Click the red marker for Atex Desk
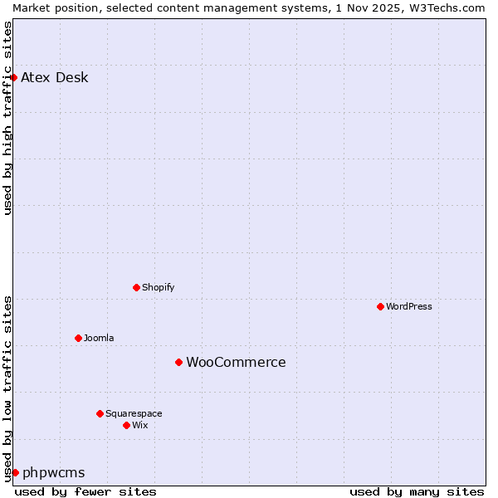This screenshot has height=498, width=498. pyautogui.click(x=13, y=77)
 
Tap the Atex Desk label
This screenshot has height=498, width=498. pyautogui.click(x=54, y=78)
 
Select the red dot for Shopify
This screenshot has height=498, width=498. pyautogui.click(x=136, y=287)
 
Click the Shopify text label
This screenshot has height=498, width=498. pyautogui.click(x=158, y=287)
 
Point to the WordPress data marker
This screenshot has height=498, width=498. pyautogui.click(x=380, y=306)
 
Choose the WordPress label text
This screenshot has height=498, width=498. pyautogui.click(x=408, y=306)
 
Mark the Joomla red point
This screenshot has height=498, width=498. pyautogui.click(x=78, y=338)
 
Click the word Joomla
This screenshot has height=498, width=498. pyautogui.click(x=99, y=338)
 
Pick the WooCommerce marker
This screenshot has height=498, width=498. pyautogui.click(x=178, y=362)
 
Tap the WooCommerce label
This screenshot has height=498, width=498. pyautogui.click(x=236, y=363)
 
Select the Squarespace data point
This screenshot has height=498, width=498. pyautogui.click(x=100, y=413)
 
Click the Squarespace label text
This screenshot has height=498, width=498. pyautogui.click(x=134, y=413)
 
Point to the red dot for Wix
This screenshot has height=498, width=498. pyautogui.click(x=126, y=425)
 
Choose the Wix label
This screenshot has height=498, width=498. pyautogui.click(x=139, y=425)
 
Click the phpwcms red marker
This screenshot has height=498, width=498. pyautogui.click(x=15, y=472)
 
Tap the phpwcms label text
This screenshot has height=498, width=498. pyautogui.click(x=53, y=473)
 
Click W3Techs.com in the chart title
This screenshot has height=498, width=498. pyautogui.click(x=446, y=7)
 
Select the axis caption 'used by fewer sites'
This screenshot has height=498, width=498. pyautogui.click(x=85, y=491)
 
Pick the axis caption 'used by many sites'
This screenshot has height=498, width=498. pyautogui.click(x=417, y=491)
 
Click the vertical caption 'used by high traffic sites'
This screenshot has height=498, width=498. pyautogui.click(x=7, y=118)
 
